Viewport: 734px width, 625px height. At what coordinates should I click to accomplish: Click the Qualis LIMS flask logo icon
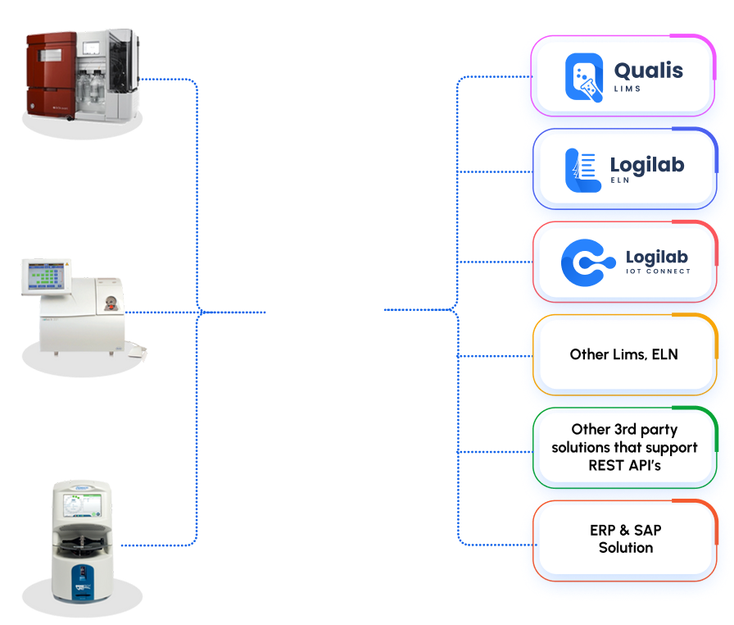584,77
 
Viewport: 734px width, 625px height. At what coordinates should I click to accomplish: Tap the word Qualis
648,70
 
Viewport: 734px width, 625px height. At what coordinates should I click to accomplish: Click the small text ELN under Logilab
620,180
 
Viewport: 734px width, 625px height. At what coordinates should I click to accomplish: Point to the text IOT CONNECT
657,271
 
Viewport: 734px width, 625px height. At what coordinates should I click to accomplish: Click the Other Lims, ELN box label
623,354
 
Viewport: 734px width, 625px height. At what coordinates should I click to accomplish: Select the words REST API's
623,465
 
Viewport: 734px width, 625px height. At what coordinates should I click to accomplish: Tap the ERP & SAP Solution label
625,539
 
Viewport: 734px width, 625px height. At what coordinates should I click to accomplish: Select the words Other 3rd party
624,430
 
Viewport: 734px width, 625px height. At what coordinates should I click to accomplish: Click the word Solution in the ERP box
625,548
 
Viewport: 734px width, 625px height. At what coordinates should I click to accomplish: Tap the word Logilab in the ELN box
647,165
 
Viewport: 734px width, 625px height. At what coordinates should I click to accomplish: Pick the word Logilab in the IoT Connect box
657,257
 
